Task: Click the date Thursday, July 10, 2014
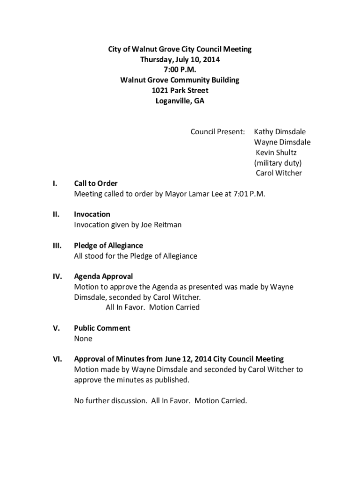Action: (180, 59)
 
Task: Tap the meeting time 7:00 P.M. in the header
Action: (180, 70)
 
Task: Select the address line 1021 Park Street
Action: (180, 90)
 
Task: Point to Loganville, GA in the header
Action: (180, 101)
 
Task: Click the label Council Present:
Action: (217, 132)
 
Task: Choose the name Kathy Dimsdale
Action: (280, 132)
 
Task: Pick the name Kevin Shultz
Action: (276, 152)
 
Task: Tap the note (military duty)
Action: (278, 163)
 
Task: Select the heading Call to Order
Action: (96, 183)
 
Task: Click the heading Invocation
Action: (92, 214)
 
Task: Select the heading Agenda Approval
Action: (103, 276)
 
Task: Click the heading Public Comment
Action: (102, 328)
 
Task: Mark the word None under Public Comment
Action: (83, 338)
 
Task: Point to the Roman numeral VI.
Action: (58, 359)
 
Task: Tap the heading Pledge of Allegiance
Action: (108, 246)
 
